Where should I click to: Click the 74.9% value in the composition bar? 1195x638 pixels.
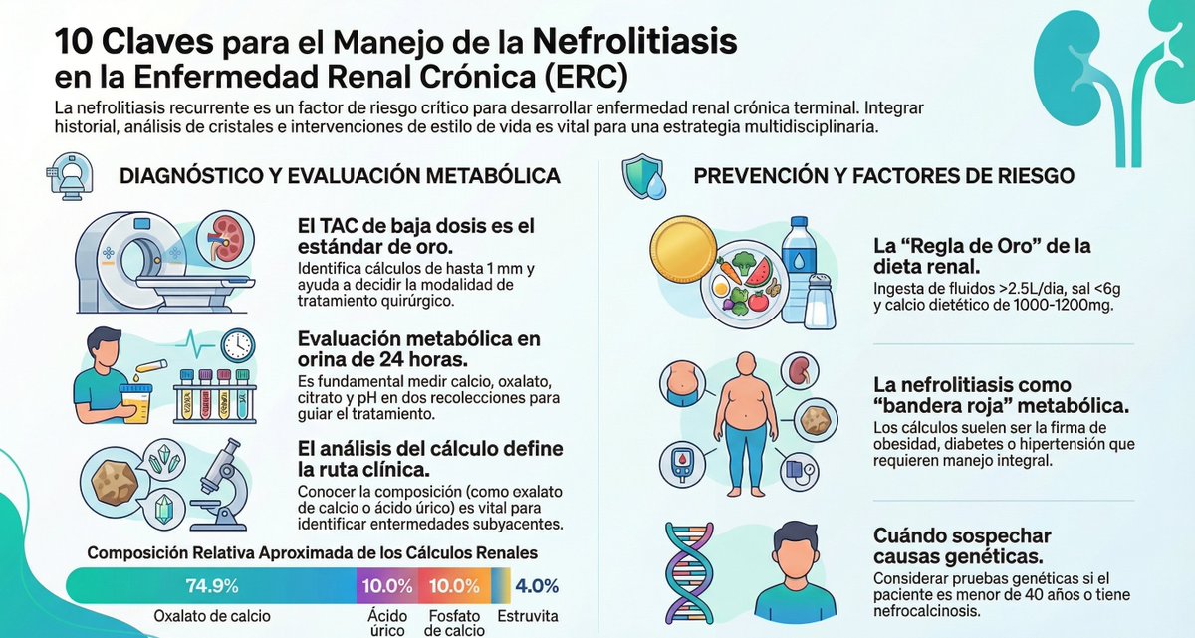[x=211, y=585]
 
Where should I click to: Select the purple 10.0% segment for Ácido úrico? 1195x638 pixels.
[x=387, y=585]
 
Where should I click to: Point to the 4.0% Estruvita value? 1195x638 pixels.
[x=538, y=585]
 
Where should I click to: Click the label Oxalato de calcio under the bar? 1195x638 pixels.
[x=211, y=616]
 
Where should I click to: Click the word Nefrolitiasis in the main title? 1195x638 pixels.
[x=635, y=42]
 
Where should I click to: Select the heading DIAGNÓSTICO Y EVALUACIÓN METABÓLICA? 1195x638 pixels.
[x=340, y=176]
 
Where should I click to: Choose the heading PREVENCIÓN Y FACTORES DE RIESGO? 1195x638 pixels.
[x=883, y=176]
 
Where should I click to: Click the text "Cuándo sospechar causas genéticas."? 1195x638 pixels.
[x=962, y=545]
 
